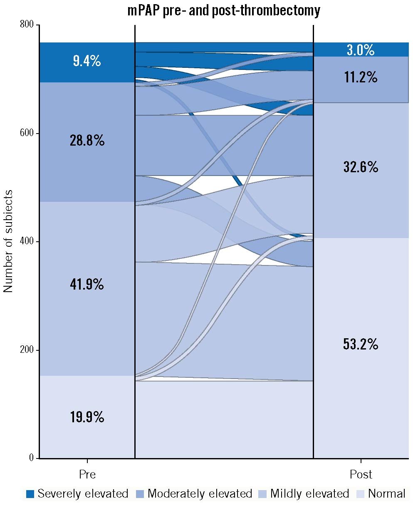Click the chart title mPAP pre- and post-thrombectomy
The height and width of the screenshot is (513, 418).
point(224,10)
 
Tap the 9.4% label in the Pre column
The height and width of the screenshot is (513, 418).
point(87,62)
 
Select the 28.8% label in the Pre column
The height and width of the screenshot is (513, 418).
point(87,141)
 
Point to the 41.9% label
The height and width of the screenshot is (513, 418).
point(87,284)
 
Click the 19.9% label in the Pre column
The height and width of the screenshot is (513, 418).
point(87,416)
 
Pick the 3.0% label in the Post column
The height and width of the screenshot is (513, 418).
point(361,50)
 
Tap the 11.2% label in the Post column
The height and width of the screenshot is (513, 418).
point(361,77)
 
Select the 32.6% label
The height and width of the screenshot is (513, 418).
point(361,167)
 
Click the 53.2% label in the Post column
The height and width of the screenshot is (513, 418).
point(361,344)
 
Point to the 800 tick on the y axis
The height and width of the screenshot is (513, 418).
point(27,25)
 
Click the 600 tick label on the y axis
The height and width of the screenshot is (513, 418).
point(27,133)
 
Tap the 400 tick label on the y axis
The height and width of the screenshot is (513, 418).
point(27,241)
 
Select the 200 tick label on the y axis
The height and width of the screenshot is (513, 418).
point(27,350)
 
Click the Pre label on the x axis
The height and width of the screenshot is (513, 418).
point(87,474)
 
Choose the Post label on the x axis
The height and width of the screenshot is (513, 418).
point(361,474)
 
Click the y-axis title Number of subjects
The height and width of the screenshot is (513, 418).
point(8,241)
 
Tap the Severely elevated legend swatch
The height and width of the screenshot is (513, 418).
point(30,494)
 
